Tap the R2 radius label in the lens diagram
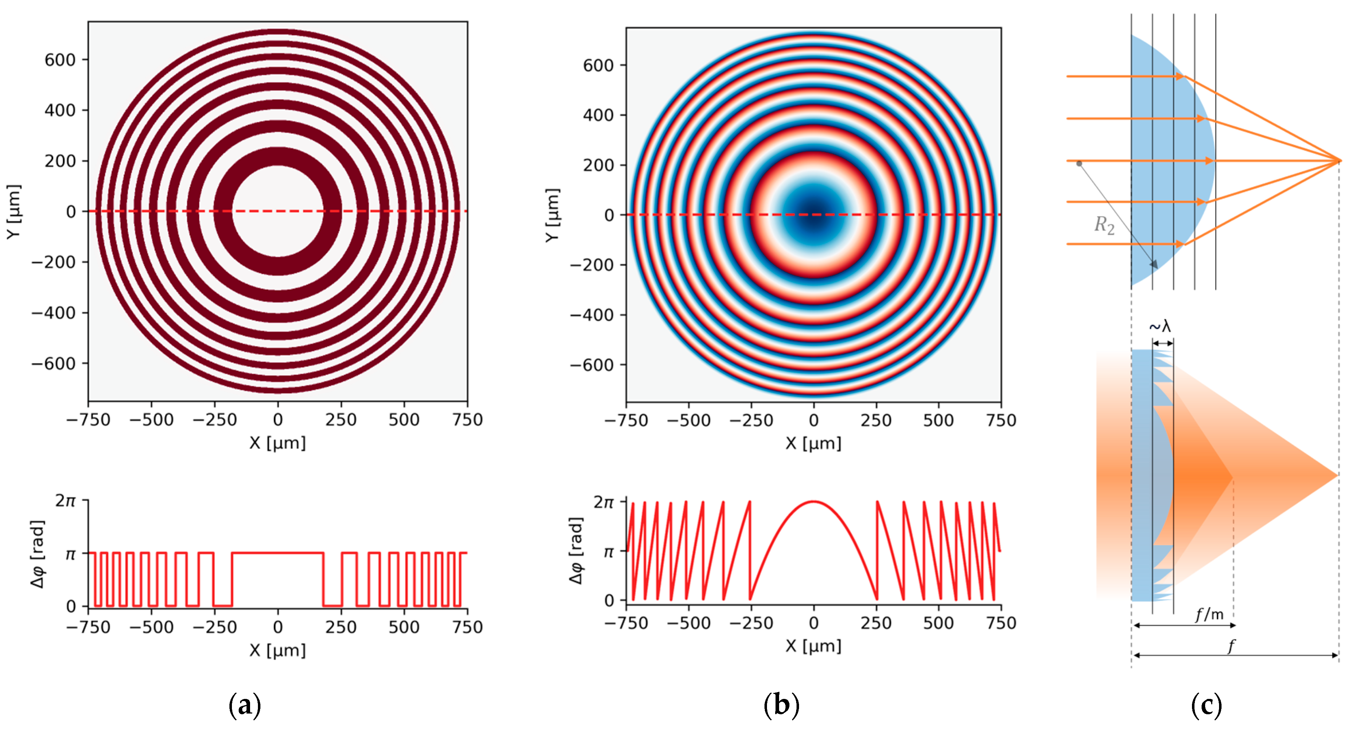[1104, 225]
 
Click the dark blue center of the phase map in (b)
[814, 215]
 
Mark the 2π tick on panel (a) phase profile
[66, 501]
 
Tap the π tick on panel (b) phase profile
[608, 551]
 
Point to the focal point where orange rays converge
[1339, 161]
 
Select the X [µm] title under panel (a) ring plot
[278, 443]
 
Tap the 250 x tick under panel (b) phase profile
[876, 623]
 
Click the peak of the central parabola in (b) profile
[814, 502]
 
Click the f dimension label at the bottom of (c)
[1231, 646]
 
